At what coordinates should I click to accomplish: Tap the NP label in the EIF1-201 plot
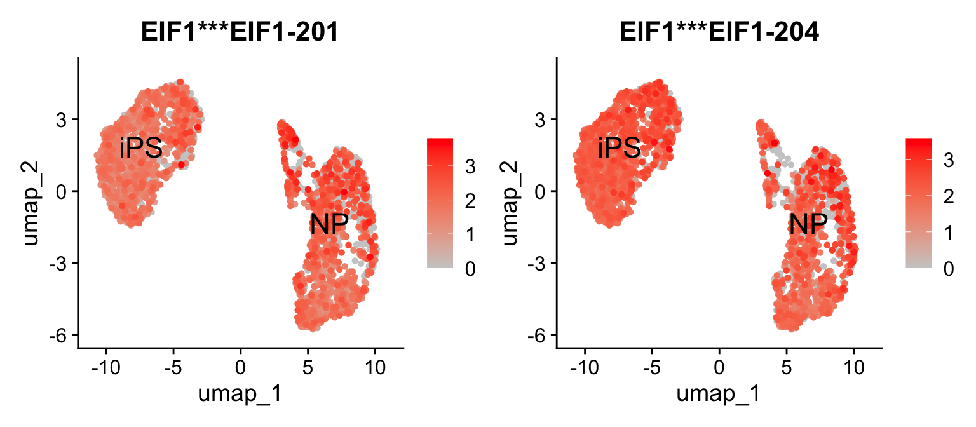329,224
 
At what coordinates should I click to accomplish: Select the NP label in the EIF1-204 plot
808,224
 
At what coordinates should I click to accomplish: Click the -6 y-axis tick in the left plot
58,335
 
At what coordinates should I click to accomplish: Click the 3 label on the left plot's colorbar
470,167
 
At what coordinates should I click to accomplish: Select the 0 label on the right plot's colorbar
949,269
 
